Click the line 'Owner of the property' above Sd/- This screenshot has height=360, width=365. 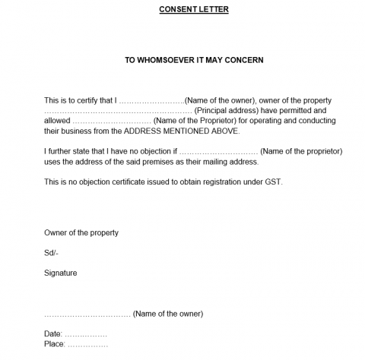pos(81,232)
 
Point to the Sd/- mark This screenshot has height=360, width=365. pos(51,252)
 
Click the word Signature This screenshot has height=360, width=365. pos(60,273)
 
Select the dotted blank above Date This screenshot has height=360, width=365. pos(87,314)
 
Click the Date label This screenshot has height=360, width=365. pos(52,333)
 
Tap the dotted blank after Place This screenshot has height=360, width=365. pos(87,344)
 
